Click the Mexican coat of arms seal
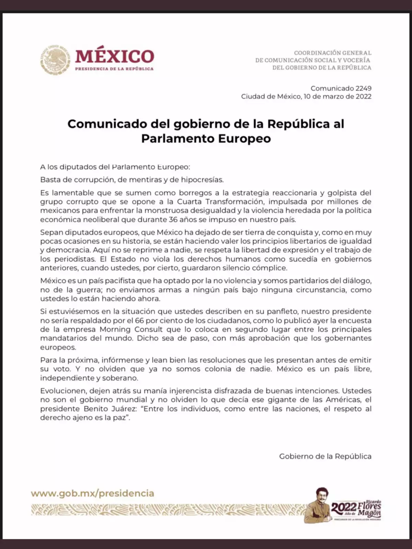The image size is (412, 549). coord(55,60)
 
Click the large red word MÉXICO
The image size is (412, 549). coord(114,56)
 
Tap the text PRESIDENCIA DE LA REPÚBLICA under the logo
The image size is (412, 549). coord(114,69)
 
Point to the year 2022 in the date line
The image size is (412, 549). coord(363,96)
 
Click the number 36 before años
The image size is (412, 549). coord(173,220)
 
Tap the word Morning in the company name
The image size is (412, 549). coord(115,329)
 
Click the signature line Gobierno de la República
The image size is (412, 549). coord(325,456)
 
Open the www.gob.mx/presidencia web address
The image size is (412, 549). coord(92,493)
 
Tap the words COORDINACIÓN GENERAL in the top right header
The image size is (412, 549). coord(332,53)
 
